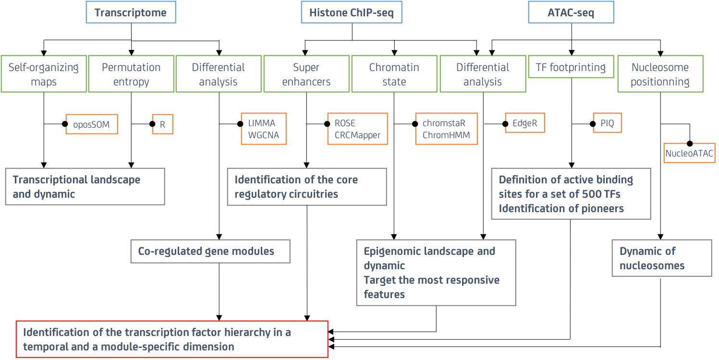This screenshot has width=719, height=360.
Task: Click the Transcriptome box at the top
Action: (x=131, y=12)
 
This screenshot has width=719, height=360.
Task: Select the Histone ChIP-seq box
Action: (x=352, y=12)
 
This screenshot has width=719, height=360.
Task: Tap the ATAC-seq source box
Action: (x=571, y=12)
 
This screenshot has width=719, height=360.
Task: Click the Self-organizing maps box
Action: (x=44, y=74)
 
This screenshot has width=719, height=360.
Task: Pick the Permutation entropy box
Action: (x=131, y=74)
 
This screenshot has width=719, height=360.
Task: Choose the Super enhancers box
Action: (x=306, y=74)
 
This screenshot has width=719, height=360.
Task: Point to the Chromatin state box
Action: (x=394, y=74)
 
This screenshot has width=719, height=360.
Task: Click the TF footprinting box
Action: (x=571, y=67)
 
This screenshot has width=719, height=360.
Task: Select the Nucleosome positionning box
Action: (x=660, y=74)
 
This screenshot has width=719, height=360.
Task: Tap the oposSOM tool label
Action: (x=91, y=124)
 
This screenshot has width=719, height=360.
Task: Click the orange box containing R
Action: (x=163, y=124)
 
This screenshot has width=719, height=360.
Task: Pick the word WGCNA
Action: (x=264, y=135)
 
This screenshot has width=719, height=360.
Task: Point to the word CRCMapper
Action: (x=357, y=135)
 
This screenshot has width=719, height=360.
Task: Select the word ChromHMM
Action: (x=446, y=135)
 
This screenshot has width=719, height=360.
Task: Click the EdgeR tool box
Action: (x=525, y=123)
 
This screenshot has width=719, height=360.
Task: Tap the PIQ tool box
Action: (x=607, y=123)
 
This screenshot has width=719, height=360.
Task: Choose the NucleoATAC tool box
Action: (x=690, y=153)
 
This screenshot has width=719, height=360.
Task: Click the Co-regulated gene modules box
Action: (x=210, y=251)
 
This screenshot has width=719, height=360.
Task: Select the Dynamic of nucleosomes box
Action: (x=662, y=258)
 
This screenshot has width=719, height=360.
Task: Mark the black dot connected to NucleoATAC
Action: (x=690, y=144)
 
